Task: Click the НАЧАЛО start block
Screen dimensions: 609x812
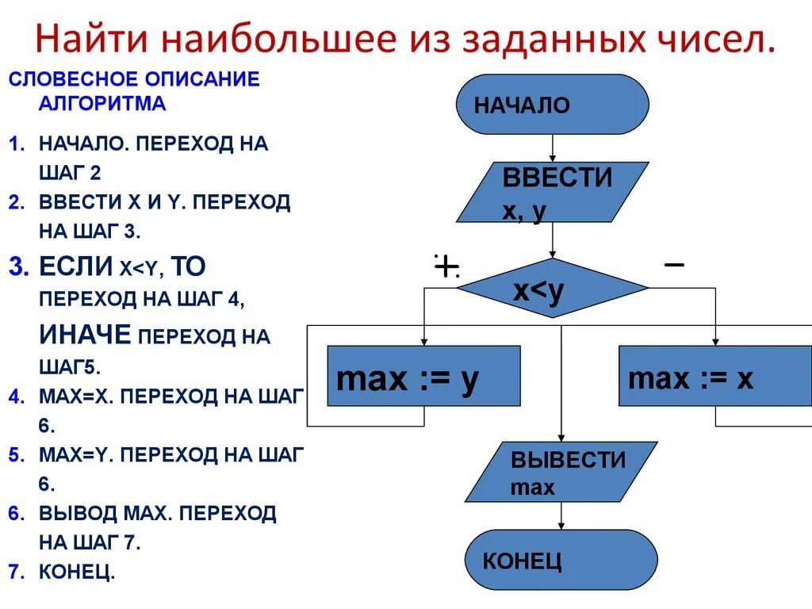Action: click(x=553, y=105)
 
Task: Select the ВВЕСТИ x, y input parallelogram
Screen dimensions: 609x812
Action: click(x=553, y=192)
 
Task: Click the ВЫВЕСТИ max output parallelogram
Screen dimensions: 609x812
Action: click(x=561, y=472)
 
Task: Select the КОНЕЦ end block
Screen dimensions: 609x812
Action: click(x=561, y=560)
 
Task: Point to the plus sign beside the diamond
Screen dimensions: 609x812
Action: click(x=446, y=267)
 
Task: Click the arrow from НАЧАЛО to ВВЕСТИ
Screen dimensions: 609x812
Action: click(x=553, y=148)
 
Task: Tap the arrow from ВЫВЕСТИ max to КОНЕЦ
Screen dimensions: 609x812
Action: click(x=561, y=516)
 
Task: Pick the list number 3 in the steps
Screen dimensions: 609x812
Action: click(x=18, y=266)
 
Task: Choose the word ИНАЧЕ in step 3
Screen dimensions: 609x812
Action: click(x=85, y=335)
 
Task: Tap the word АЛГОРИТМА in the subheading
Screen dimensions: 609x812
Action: click(x=102, y=102)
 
